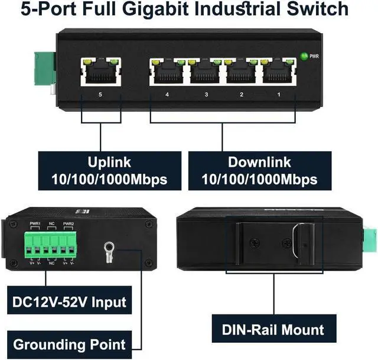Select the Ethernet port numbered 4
(x=167, y=72)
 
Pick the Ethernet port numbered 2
(x=241, y=72)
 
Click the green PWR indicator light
(x=305, y=56)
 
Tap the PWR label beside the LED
(x=314, y=56)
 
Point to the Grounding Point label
(x=70, y=345)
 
